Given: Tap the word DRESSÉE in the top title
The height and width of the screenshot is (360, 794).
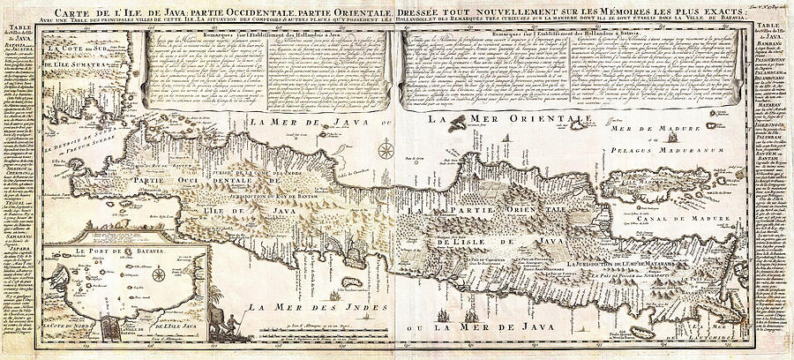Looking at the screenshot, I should [x=432, y=10].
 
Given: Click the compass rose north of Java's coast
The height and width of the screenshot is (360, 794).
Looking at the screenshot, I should [x=386, y=151].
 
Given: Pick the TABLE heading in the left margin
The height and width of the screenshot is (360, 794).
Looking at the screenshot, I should [x=18, y=28].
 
